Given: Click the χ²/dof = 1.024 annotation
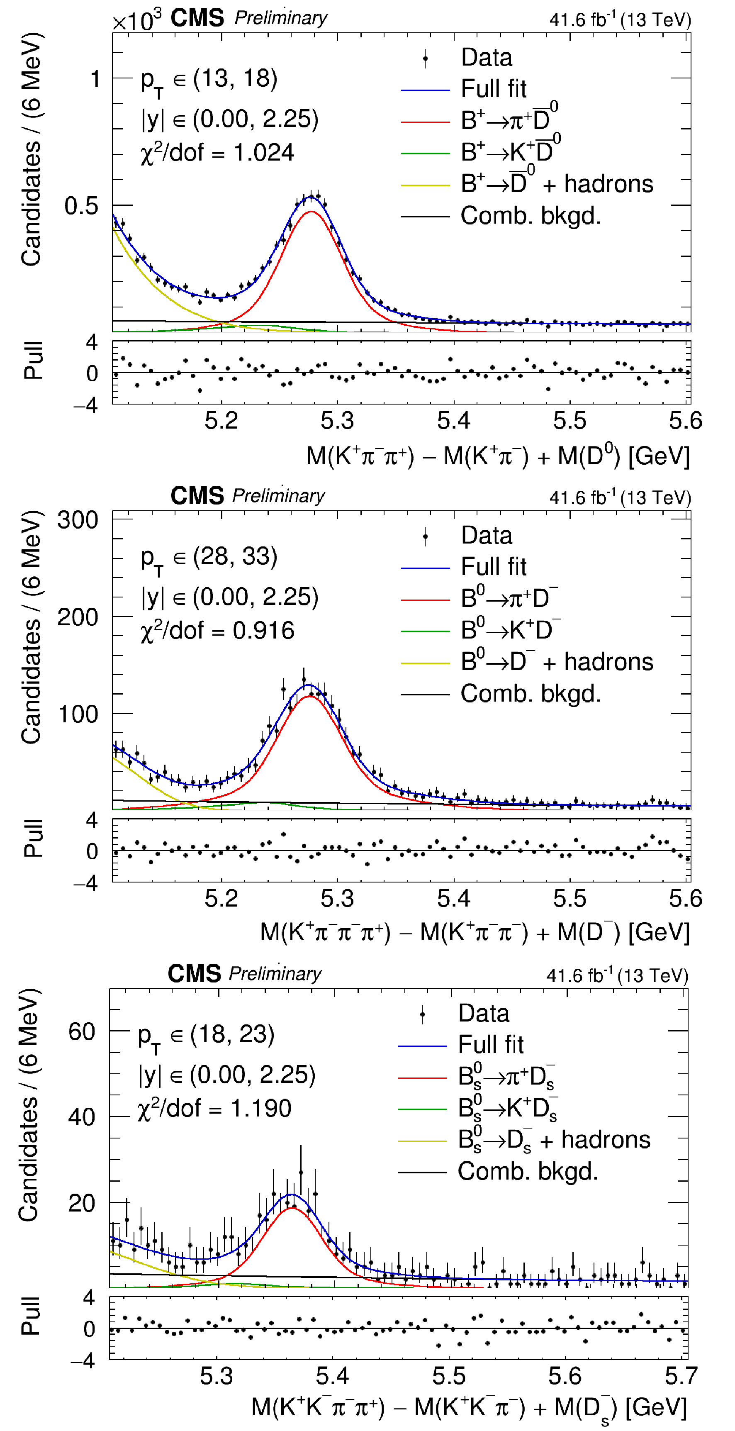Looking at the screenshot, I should [x=217, y=153].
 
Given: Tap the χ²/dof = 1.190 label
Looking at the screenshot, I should [x=214, y=1108].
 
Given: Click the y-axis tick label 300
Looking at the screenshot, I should [x=78, y=521].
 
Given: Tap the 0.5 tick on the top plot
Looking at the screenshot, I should [x=81, y=206].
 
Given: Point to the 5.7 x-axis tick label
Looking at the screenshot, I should [x=681, y=1375].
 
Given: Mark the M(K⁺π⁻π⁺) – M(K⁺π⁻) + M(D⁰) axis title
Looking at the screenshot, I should [x=498, y=456].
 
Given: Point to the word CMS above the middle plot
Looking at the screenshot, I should [x=197, y=495].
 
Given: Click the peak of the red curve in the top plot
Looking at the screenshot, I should [x=312, y=212].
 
